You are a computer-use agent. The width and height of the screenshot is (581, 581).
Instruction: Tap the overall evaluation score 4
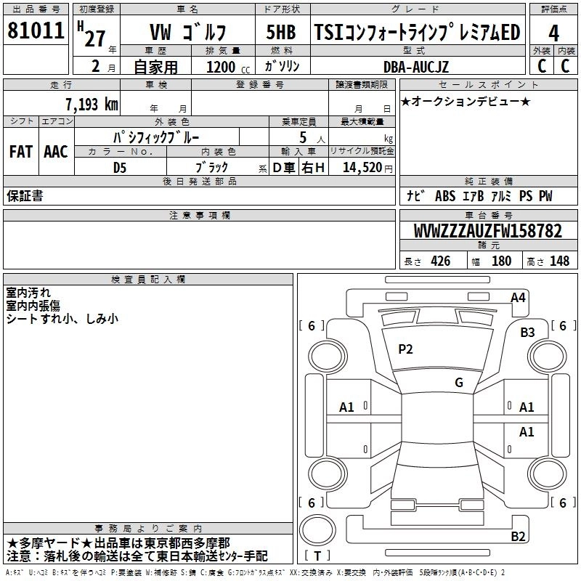pos(553,33)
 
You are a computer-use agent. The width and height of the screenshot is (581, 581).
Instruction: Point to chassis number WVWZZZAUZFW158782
pos(487,231)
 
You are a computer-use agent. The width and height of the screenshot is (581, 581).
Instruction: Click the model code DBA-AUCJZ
pos(416,67)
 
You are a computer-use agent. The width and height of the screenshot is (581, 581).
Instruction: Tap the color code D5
pos(120,167)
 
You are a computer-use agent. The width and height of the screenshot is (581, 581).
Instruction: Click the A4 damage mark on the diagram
pos(518,297)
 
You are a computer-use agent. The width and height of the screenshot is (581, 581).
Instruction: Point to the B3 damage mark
pos(527,333)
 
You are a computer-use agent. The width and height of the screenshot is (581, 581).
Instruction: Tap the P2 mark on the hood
pos(405,349)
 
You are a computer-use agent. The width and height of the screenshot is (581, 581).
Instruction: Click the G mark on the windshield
pos(459,383)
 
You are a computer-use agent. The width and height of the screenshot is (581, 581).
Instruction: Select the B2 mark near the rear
pos(518,537)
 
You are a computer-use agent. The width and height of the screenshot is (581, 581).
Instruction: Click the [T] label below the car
pos(317,556)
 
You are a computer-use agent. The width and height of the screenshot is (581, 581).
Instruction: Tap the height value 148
pos(558,261)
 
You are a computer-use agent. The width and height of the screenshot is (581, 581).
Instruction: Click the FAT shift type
pos(20,151)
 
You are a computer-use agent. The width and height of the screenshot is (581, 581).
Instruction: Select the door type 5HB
pos(281,33)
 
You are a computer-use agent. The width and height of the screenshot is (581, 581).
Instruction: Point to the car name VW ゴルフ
pos(187,33)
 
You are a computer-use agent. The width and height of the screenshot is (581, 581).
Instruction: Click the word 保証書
pos(24,196)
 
